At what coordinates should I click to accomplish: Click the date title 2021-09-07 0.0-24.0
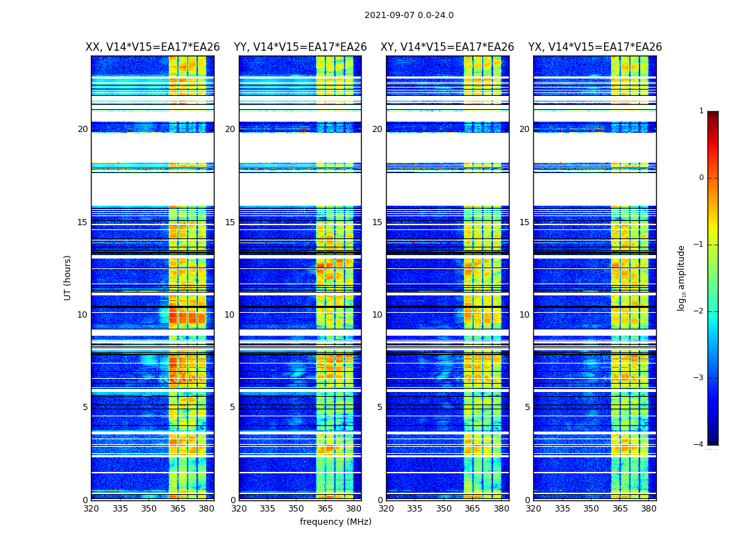click(409, 15)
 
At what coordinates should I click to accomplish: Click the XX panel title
click(153, 47)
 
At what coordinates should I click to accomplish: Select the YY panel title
click(300, 47)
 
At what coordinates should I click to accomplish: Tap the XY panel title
click(447, 47)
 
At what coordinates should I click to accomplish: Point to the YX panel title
click(595, 47)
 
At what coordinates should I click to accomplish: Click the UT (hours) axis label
click(68, 277)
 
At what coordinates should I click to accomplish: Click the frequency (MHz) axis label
click(335, 522)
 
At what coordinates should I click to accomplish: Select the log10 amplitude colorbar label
click(682, 277)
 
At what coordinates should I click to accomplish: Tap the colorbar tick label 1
click(701, 111)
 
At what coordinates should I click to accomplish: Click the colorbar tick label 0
click(701, 178)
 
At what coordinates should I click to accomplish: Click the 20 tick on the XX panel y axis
click(83, 129)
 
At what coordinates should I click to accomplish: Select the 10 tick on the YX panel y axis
click(525, 315)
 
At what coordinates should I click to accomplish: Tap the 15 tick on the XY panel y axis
click(377, 222)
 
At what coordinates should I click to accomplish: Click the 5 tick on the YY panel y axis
click(233, 407)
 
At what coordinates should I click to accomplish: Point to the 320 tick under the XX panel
click(92, 509)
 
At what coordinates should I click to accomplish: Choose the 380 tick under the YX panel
click(648, 509)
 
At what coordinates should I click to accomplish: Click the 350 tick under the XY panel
click(444, 509)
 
